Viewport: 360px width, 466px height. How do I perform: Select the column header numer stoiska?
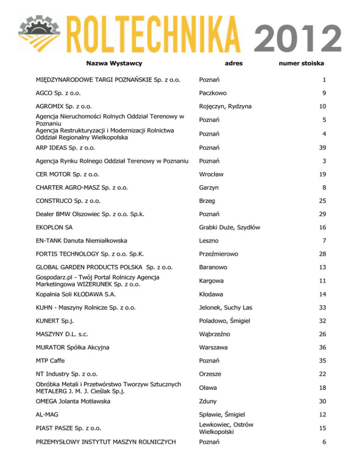(301, 63)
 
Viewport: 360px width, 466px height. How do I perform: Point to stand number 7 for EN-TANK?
(323, 241)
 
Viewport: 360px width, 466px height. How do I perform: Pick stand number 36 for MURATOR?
(321, 347)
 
